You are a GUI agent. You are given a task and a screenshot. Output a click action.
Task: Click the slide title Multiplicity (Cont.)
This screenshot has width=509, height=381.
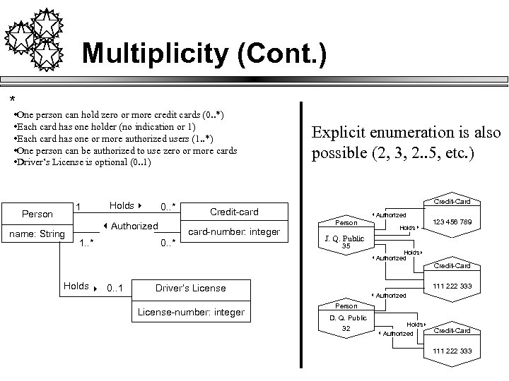click(204, 54)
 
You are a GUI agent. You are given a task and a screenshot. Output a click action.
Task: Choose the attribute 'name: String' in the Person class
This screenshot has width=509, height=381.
click(37, 234)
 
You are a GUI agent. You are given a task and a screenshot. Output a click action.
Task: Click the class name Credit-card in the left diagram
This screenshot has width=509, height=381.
click(234, 212)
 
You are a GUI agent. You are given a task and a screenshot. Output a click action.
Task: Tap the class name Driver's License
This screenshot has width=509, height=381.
click(190, 288)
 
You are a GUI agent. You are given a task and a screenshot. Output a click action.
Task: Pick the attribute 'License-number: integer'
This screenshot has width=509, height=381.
click(190, 312)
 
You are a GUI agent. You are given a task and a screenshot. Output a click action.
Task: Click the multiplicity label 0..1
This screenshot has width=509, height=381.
click(115, 288)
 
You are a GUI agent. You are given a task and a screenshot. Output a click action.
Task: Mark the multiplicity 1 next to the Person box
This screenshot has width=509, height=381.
click(78, 207)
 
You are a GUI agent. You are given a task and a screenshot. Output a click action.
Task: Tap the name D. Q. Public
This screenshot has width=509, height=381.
click(346, 317)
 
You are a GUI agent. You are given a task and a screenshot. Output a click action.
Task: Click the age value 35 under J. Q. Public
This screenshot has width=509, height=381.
click(346, 246)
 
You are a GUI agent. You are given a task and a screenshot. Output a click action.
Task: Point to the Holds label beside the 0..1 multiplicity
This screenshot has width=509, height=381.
click(76, 286)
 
